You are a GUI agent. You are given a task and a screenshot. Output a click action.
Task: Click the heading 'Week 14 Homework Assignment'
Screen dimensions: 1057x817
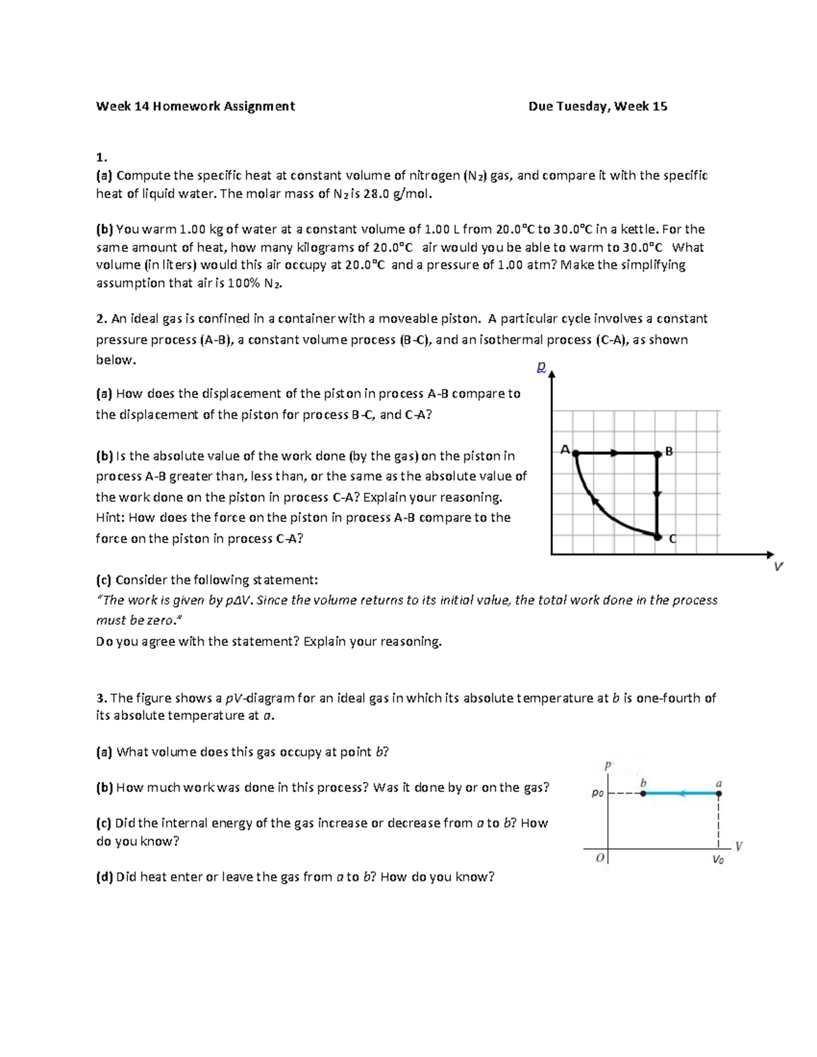click(195, 106)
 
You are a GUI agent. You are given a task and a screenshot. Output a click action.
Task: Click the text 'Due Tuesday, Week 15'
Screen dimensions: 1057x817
click(598, 106)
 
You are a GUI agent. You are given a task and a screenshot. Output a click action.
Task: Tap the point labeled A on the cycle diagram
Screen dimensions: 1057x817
click(576, 453)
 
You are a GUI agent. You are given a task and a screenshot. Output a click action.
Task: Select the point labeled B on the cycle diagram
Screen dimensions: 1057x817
click(657, 453)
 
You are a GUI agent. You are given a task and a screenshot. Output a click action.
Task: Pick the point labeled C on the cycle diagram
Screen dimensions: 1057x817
click(657, 537)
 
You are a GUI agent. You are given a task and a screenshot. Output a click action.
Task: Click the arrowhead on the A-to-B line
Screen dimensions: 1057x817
click(614, 453)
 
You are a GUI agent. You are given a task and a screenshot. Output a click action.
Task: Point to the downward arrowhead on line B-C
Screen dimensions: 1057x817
click(657, 495)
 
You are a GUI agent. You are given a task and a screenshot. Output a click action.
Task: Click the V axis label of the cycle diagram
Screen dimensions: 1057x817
click(778, 566)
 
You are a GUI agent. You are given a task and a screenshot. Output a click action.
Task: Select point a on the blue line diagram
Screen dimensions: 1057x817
click(719, 794)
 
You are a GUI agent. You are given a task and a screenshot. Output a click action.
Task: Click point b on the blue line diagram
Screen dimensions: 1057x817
click(643, 794)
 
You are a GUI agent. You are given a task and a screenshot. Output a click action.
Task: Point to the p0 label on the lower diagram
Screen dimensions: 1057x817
click(597, 794)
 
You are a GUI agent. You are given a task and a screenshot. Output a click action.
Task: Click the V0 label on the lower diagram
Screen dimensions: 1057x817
click(718, 859)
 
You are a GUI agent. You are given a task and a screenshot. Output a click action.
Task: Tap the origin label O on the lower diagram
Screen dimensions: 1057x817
click(600, 858)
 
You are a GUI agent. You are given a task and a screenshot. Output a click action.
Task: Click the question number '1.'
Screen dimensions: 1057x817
click(101, 158)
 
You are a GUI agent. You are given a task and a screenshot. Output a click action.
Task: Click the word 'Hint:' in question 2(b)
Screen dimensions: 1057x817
click(110, 518)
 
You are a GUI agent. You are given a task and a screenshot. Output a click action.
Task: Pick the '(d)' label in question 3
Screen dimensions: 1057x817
click(104, 877)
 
